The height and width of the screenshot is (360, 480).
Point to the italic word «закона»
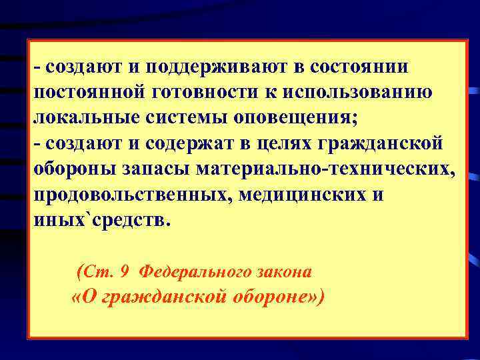[285, 271]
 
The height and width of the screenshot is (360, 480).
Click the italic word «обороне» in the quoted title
[274, 297]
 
